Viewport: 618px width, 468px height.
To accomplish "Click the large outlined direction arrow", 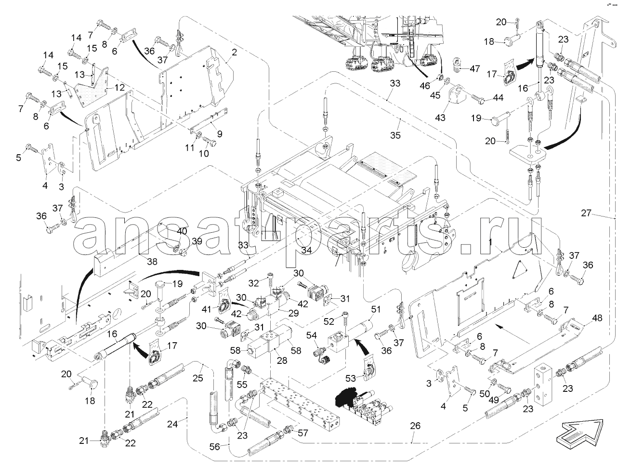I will pos(581,430).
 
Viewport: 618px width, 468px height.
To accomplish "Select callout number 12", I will pos(119,87).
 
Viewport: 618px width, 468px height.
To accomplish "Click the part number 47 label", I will pos(474,68).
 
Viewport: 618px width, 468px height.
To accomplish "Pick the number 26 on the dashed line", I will pos(415,426).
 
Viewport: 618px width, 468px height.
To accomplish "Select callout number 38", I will pos(152,262).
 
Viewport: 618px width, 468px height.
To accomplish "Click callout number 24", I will pos(172,424).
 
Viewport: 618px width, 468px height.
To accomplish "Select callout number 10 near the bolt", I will pos(204,153).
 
